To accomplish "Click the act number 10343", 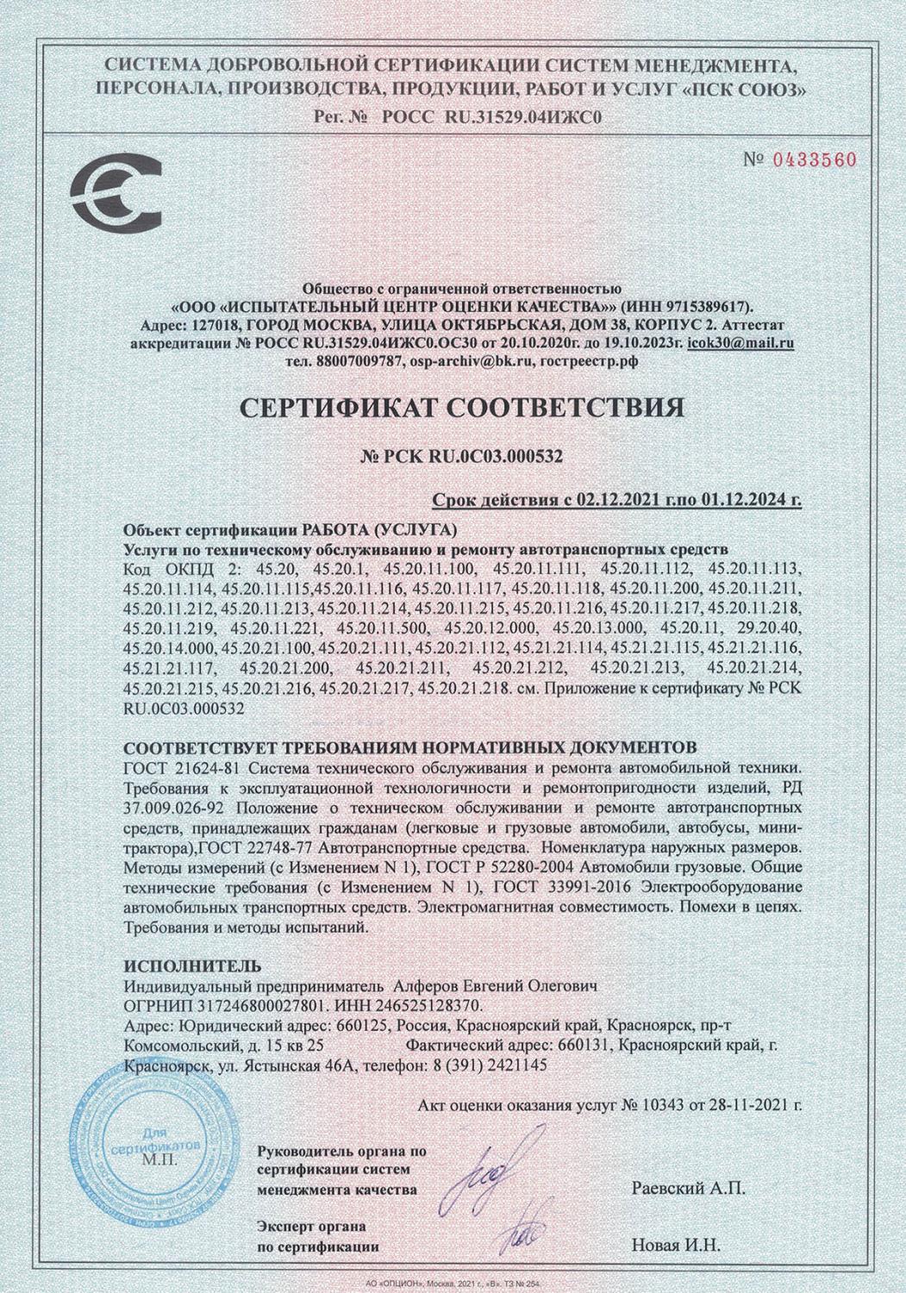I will tap(665, 1104).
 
